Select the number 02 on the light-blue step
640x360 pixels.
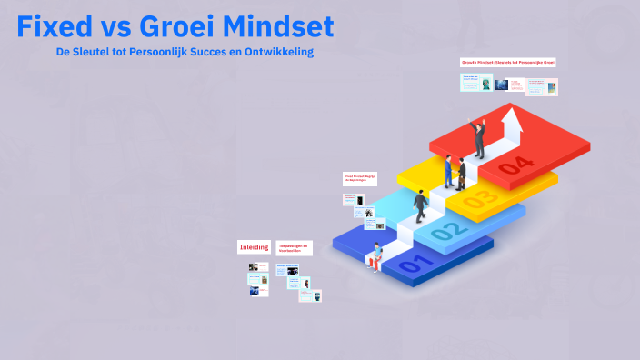[446, 234]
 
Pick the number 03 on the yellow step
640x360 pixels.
[480, 197]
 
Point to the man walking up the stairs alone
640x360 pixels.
[420, 206]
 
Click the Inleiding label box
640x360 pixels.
[254, 247]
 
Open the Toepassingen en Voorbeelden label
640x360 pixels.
[294, 247]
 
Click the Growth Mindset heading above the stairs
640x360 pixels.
[507, 63]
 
